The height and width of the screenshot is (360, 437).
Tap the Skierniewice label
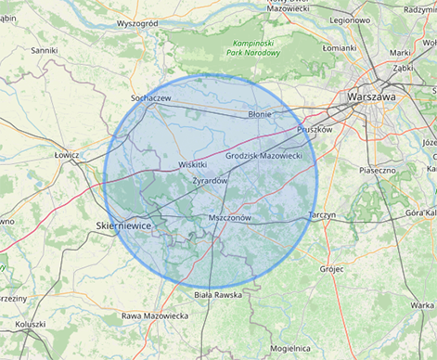[x=124, y=225]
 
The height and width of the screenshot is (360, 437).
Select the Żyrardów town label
[x=210, y=180]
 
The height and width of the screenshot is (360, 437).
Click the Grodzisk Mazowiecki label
[x=263, y=156]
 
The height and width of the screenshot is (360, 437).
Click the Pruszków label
[x=315, y=130]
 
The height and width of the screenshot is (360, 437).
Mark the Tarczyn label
[x=321, y=214]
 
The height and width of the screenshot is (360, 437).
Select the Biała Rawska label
[x=218, y=294]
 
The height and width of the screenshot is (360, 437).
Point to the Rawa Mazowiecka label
[x=155, y=315]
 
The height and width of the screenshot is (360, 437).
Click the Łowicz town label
[x=67, y=155]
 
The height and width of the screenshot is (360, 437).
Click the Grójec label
[x=331, y=269]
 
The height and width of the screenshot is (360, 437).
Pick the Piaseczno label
[x=378, y=171]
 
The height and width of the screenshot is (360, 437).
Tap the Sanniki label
[x=45, y=50]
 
